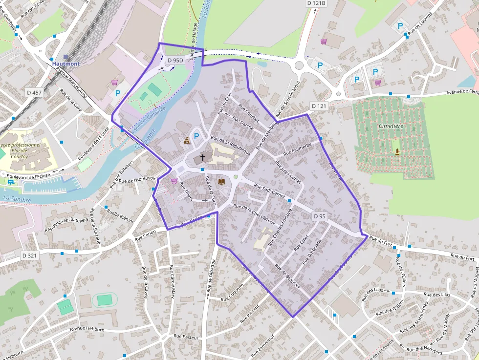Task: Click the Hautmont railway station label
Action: pyautogui.click(x=65, y=64)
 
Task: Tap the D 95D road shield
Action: pyautogui.click(x=174, y=61)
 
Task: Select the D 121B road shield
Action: pyautogui.click(x=316, y=3)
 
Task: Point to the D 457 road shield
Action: pyautogui.click(x=34, y=92)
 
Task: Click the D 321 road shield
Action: pyautogui.click(x=29, y=255)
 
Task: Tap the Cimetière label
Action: pyautogui.click(x=391, y=126)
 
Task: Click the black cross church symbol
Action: pyautogui.click(x=202, y=158)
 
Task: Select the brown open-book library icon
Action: pyautogui.click(x=221, y=181)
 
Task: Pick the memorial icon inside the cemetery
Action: pyautogui.click(x=397, y=152)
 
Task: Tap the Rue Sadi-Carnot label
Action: pyautogui.click(x=270, y=191)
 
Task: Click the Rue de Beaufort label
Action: pyautogui.click(x=287, y=276)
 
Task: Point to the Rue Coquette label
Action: pyautogui.click(x=232, y=292)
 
